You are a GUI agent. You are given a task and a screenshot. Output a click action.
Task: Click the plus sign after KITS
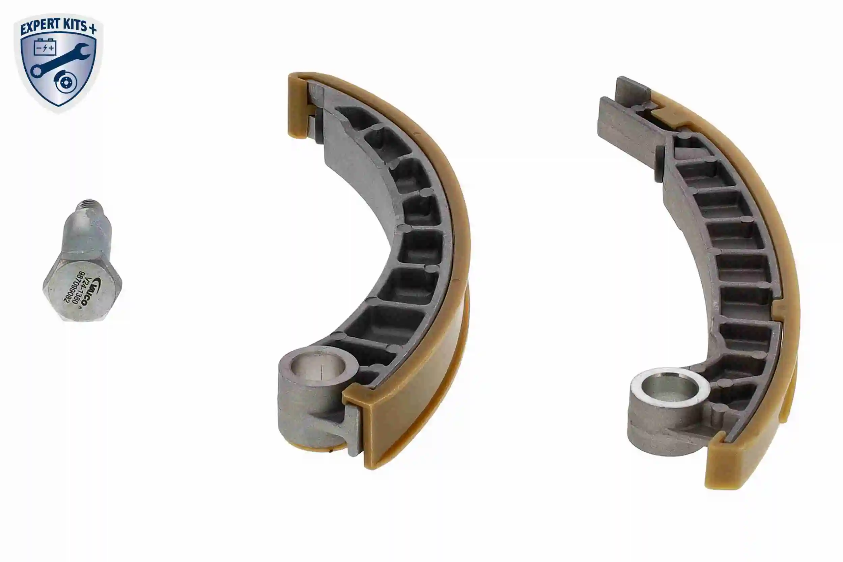[92, 29]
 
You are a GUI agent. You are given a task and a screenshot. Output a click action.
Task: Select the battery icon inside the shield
[45, 47]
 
